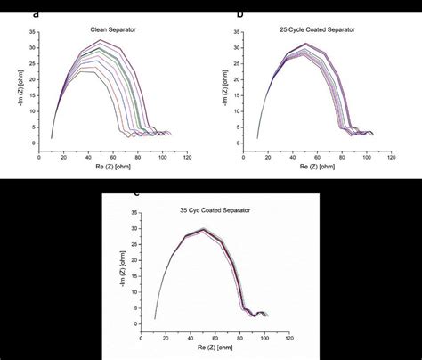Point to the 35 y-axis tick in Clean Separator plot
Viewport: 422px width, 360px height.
coord(32,34)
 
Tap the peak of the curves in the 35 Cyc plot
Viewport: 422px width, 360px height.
coord(204,229)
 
